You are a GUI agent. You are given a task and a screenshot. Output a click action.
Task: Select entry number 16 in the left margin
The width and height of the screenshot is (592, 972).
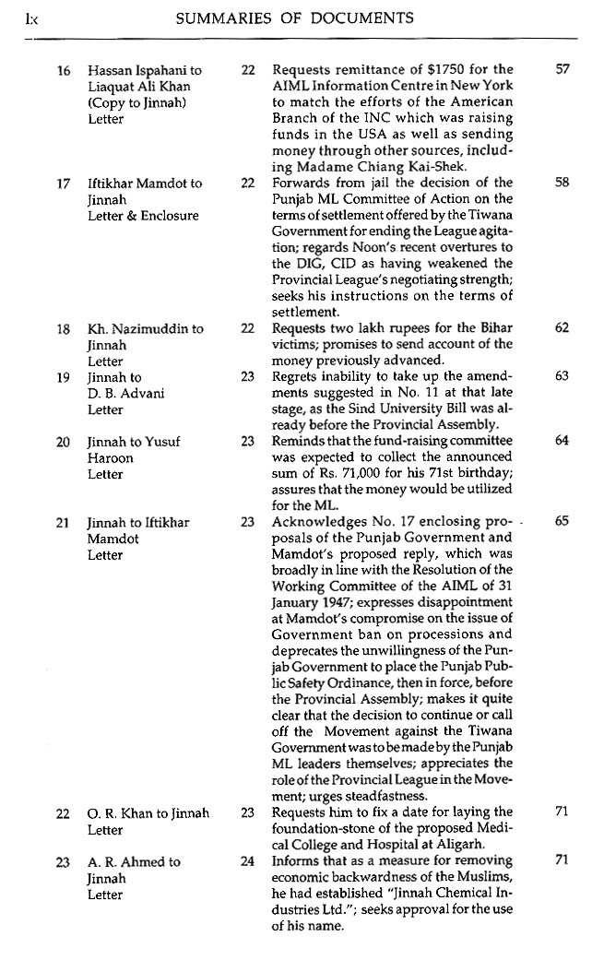[63, 70]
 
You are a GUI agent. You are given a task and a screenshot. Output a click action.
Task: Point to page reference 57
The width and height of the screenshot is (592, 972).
[563, 70]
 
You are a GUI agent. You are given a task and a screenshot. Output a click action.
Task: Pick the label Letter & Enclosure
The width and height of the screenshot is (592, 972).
[142, 216]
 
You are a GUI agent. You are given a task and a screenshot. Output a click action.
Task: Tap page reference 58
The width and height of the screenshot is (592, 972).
[563, 184]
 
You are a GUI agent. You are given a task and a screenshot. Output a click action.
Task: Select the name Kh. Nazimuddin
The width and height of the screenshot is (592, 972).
[133, 328]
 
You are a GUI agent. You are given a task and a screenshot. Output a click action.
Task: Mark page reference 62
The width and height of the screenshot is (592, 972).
[563, 328]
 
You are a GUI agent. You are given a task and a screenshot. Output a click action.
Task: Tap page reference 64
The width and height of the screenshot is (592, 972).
[563, 442]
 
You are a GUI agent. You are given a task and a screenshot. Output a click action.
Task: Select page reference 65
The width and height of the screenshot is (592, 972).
[563, 522]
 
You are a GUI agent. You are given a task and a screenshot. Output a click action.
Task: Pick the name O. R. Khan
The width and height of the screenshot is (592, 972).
[123, 813]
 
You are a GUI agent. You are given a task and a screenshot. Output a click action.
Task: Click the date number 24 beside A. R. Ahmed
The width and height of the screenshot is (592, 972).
[247, 862]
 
